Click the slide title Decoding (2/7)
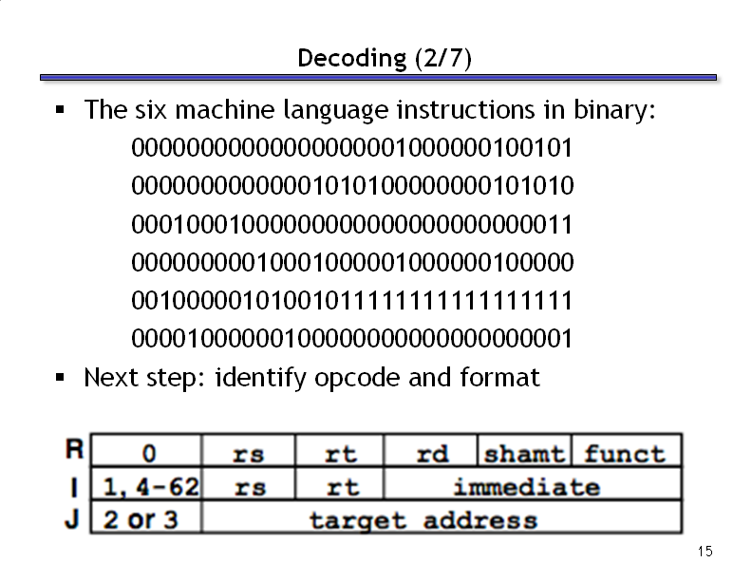pyautogui.click(x=385, y=59)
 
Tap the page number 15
pyautogui.click(x=705, y=552)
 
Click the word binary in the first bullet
pyautogui.click(x=614, y=110)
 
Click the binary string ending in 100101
pyautogui.click(x=352, y=148)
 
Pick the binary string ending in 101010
pyautogui.click(x=352, y=186)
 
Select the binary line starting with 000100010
pyautogui.click(x=352, y=224)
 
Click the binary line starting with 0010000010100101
pyautogui.click(x=352, y=301)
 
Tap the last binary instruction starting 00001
pyautogui.click(x=352, y=339)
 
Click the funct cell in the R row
pyautogui.click(x=627, y=450)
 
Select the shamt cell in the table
pyautogui.click(x=525, y=450)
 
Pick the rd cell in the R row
pyautogui.click(x=431, y=450)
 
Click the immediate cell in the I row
pyautogui.click(x=533, y=483)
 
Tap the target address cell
pyautogui.click(x=442, y=516)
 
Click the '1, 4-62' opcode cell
pyautogui.click(x=146, y=483)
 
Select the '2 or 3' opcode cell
pyautogui.click(x=146, y=516)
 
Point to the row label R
pyautogui.click(x=74, y=449)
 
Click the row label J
pyautogui.click(x=72, y=518)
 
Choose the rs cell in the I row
pyautogui.click(x=249, y=483)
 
